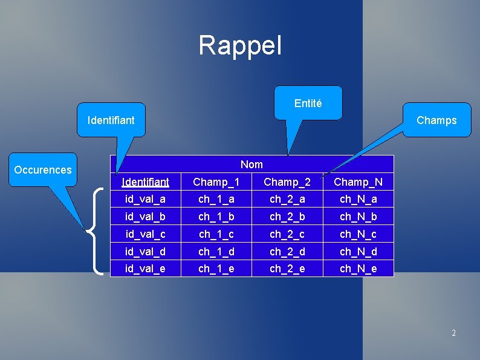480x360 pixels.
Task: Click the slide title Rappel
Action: [x=240, y=45]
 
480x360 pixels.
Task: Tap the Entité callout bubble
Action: [x=308, y=103]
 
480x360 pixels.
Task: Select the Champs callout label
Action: [x=436, y=120]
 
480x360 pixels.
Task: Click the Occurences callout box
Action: [x=43, y=170]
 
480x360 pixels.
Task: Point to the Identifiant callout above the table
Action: [x=111, y=120]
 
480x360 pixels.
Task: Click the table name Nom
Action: [x=251, y=165]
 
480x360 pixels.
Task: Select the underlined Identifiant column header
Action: [x=145, y=182]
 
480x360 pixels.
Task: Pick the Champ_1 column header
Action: [x=216, y=182]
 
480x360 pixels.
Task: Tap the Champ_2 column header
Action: [x=287, y=182]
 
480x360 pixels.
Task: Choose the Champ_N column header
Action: [x=358, y=182]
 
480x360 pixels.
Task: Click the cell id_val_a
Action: [x=145, y=199]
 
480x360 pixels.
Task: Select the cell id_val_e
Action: [x=145, y=269]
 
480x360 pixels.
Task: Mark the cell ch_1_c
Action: [x=216, y=234]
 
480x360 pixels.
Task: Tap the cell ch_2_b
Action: [x=287, y=217]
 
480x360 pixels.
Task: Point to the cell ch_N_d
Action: [x=358, y=251]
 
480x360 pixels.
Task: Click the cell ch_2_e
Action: [x=287, y=269]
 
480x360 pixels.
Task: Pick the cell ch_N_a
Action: [x=358, y=199]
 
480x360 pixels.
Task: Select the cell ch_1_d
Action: [x=216, y=251]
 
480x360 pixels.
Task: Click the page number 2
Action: [x=453, y=333]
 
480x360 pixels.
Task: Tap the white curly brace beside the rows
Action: [x=97, y=232]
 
